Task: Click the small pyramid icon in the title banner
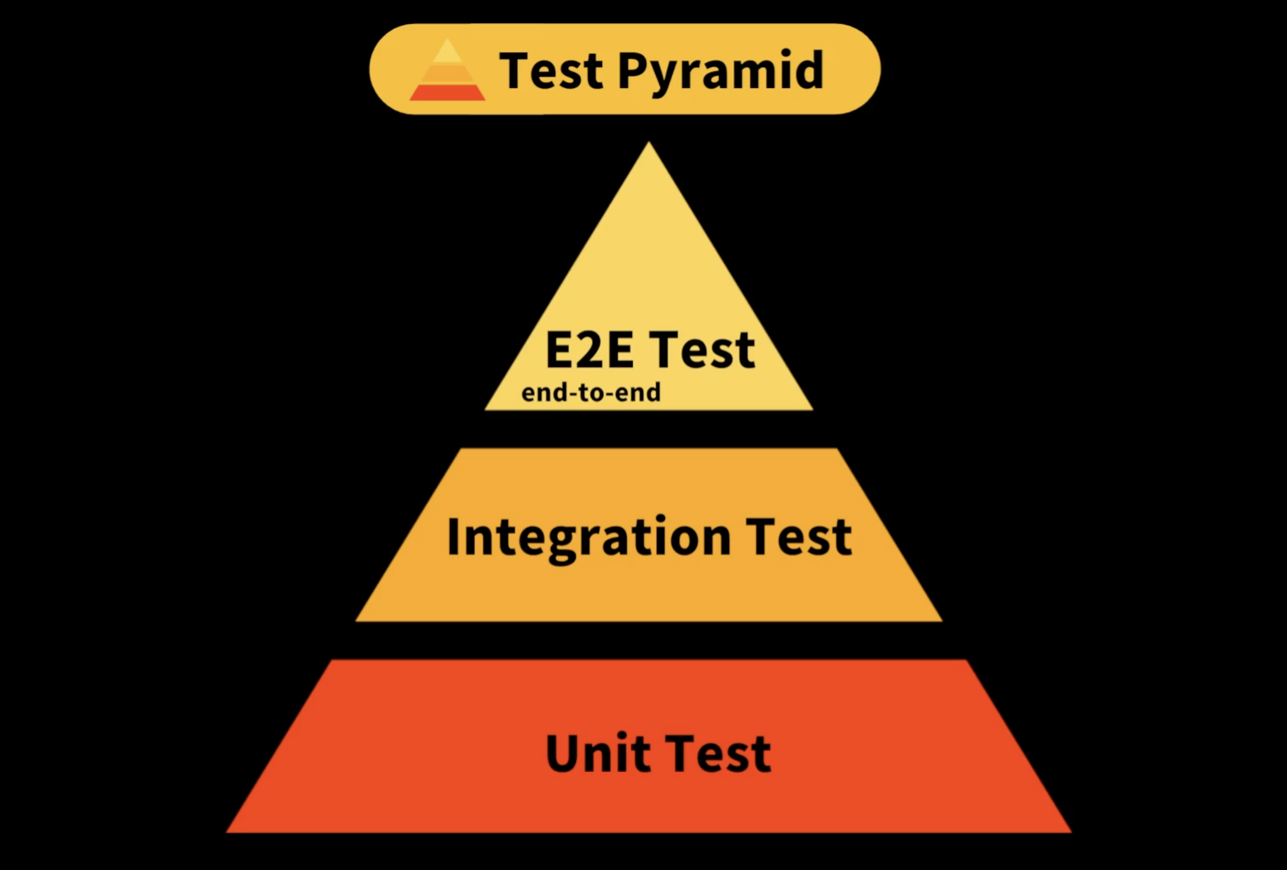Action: pyautogui.click(x=447, y=72)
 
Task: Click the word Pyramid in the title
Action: pyautogui.click(x=720, y=71)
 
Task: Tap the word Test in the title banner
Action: pyautogui.click(x=551, y=71)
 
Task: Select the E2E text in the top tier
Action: pyautogui.click(x=589, y=349)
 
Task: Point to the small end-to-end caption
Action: pyautogui.click(x=590, y=392)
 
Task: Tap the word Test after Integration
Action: pyautogui.click(x=798, y=536)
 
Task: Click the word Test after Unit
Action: pyautogui.click(x=718, y=753)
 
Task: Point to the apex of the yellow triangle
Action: pyautogui.click(x=649, y=144)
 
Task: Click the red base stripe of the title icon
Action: pyautogui.click(x=447, y=92)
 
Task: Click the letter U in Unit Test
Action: pyautogui.click(x=564, y=753)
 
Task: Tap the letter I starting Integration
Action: pyautogui.click(x=454, y=536)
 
